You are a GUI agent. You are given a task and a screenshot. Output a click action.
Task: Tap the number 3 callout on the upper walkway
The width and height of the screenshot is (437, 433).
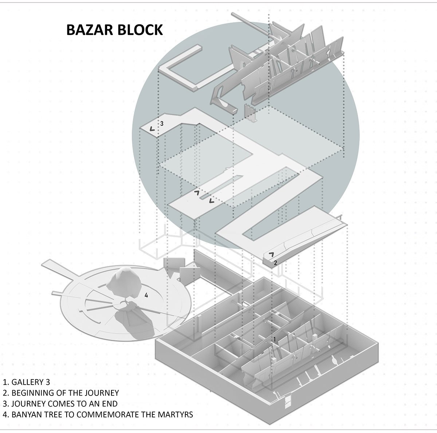pos(162,124)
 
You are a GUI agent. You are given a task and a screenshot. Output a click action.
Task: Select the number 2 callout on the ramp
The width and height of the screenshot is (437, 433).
pos(275,262)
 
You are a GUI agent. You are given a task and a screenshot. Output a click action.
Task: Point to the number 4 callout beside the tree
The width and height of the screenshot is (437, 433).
pos(146,295)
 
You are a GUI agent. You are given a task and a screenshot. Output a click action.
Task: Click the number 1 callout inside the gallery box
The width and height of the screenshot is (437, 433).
pos(274,339)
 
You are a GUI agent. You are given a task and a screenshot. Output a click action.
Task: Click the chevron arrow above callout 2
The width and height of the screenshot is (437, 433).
pos(271,254)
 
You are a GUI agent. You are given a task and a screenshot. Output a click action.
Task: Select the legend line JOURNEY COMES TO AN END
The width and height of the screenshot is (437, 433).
pos(60,404)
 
